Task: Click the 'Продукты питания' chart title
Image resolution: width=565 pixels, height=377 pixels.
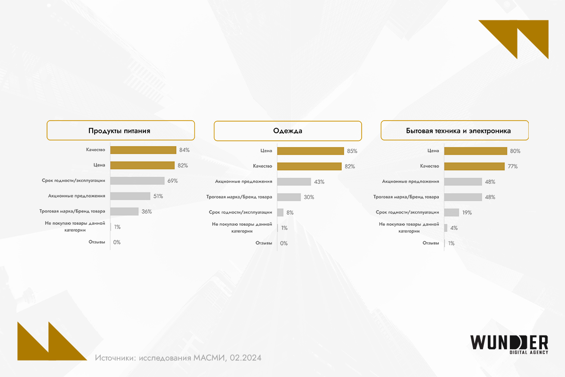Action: pyautogui.click(x=120, y=131)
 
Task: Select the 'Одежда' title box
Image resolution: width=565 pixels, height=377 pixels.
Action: pyautogui.click(x=288, y=131)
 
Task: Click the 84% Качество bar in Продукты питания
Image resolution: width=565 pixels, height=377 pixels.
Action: pyautogui.click(x=143, y=150)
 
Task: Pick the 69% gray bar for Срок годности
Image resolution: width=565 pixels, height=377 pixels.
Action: pyautogui.click(x=137, y=180)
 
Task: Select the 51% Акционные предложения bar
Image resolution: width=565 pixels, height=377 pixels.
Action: pyautogui.click(x=130, y=196)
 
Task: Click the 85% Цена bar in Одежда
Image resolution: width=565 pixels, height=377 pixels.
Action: pyautogui.click(x=311, y=151)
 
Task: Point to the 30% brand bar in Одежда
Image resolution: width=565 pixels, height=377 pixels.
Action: pyautogui.click(x=289, y=197)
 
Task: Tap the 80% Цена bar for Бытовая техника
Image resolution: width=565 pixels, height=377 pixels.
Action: pyautogui.click(x=476, y=151)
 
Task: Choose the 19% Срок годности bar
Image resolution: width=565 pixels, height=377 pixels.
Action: pyautogui.click(x=452, y=213)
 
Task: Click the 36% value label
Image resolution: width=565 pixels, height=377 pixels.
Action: pyautogui.click(x=146, y=212)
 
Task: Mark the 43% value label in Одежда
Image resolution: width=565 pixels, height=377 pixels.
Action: pyautogui.click(x=319, y=182)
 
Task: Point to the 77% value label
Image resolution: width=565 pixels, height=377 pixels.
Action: pyautogui.click(x=513, y=166)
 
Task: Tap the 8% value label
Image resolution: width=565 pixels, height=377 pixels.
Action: pyautogui.click(x=290, y=213)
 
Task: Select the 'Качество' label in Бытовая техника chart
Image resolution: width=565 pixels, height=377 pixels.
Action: pyautogui.click(x=429, y=166)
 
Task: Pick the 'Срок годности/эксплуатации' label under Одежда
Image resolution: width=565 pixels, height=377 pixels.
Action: pyautogui.click(x=241, y=213)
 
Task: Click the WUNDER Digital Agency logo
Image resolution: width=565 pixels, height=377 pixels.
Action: pyautogui.click(x=509, y=344)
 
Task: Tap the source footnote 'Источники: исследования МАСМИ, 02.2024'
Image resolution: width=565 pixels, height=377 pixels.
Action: pyautogui.click(x=178, y=358)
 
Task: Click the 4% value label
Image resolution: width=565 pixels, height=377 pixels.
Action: pyautogui.click(x=454, y=228)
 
